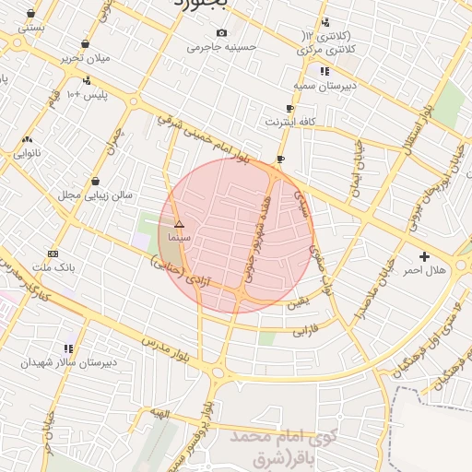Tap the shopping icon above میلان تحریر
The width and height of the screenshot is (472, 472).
pyautogui.click(x=86, y=43)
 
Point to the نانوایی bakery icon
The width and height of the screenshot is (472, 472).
pyautogui.click(x=27, y=140)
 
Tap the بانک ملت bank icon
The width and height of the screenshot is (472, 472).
pyautogui.click(x=53, y=254)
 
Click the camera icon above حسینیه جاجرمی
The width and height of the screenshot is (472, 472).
pyautogui.click(x=220, y=33)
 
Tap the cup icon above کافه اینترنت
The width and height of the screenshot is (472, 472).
pyautogui.click(x=290, y=108)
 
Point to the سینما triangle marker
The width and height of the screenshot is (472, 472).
pyautogui.click(x=179, y=224)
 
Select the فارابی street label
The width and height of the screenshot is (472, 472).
pyautogui.click(x=305, y=328)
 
